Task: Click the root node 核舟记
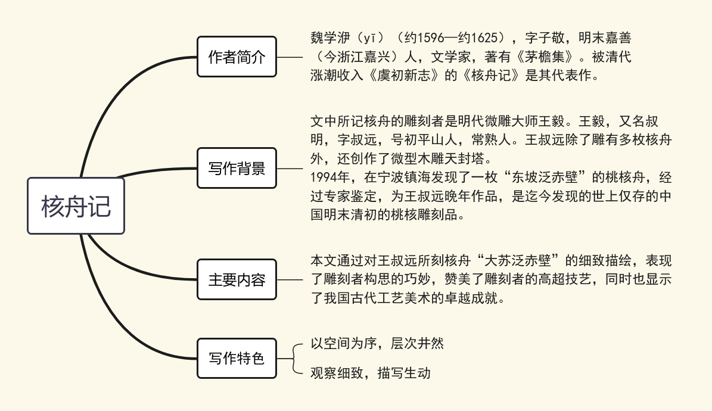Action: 76,205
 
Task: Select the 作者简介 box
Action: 237,57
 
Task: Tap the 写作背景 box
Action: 237,168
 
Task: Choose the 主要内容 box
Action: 237,279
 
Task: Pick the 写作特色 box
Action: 237,359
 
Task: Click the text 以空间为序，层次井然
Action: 377,343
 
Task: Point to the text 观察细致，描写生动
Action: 371,373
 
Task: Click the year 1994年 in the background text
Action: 330,177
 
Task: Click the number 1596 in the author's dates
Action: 431,38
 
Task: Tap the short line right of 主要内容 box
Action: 290,280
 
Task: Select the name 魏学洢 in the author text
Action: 331,38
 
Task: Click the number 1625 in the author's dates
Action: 485,38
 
